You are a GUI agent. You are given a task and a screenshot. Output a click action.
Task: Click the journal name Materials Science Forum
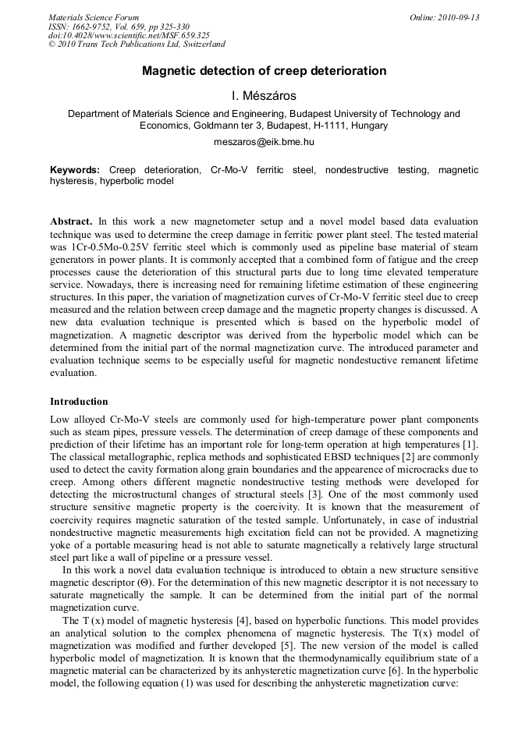click(94, 17)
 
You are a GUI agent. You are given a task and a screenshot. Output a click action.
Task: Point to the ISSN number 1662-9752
click(93, 27)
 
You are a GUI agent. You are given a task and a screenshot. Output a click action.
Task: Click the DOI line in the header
click(129, 35)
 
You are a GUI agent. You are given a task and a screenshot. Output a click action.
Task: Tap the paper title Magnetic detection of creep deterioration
click(264, 71)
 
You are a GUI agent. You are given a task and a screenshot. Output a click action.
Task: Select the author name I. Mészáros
click(264, 96)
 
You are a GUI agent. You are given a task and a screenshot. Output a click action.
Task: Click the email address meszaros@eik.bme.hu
click(264, 142)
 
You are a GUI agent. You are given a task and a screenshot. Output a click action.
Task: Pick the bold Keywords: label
click(75, 169)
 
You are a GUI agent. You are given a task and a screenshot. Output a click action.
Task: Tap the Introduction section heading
click(79, 402)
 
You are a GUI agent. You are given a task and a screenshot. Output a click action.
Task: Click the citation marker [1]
click(470, 443)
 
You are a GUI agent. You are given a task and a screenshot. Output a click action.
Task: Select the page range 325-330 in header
click(189, 27)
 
